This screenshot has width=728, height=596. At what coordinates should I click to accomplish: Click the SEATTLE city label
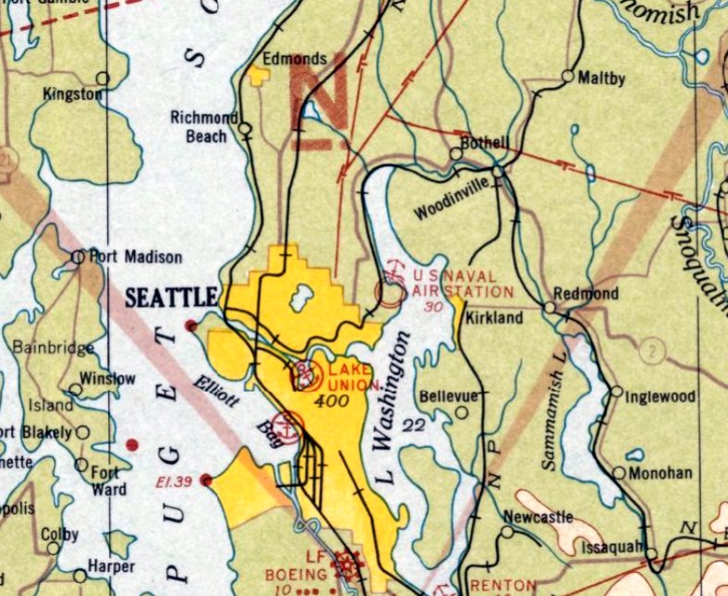point(171,298)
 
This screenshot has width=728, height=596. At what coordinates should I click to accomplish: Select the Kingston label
point(72,94)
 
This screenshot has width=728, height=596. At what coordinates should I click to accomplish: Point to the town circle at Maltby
point(567,77)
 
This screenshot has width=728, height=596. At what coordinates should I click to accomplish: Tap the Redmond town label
point(586,293)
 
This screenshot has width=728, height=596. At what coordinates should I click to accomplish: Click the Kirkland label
point(494,317)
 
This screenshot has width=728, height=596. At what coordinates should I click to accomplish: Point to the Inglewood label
point(660,397)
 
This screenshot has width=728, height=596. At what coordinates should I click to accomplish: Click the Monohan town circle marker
point(619,472)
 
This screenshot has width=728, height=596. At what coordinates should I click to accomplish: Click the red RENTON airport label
point(503,585)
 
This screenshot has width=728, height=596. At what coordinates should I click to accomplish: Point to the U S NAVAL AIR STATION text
point(454,284)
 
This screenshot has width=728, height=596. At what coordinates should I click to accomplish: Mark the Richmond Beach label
point(199,127)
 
